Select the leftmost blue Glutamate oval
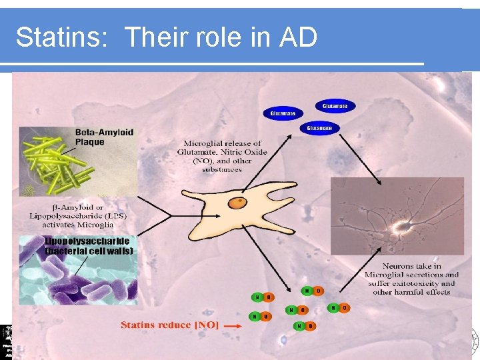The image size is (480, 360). click(283, 113)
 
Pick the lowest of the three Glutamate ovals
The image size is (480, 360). click(319, 127)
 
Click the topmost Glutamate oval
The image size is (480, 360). click(335, 106)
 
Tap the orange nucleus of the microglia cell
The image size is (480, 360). click(237, 202)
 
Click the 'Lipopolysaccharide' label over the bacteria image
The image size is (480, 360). click(87, 241)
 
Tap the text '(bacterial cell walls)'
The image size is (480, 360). click(89, 251)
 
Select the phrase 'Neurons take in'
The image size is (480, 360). click(412, 266)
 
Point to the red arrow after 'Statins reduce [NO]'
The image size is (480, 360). click(232, 326)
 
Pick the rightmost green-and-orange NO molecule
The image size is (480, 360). click(339, 307)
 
